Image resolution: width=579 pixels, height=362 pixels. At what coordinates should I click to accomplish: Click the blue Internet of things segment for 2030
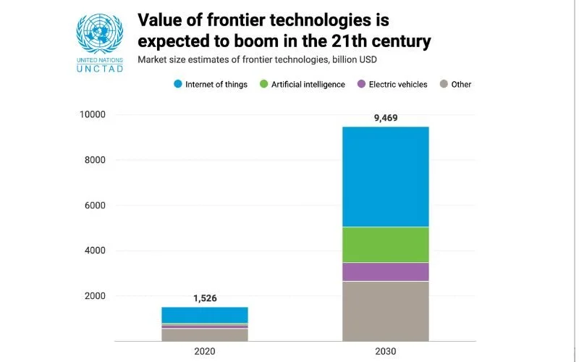tap(385, 177)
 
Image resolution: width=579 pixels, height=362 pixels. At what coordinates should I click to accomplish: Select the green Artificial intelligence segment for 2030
tap(385, 245)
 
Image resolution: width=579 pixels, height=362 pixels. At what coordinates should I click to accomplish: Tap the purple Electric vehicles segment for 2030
tap(385, 271)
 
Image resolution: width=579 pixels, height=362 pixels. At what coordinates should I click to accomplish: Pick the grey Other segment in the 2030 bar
tap(385, 311)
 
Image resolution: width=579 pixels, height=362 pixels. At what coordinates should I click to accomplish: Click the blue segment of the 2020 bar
tap(204, 315)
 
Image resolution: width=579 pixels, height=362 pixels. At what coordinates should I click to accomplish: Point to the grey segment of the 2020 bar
tap(204, 334)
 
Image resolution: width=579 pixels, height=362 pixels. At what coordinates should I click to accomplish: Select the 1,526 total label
tap(204, 298)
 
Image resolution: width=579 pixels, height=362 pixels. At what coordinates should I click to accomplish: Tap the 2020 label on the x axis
tap(204, 350)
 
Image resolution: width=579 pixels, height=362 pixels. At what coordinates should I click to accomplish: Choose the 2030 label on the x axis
tap(385, 350)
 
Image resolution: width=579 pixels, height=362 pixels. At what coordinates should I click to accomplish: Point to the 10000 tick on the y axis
tap(92, 114)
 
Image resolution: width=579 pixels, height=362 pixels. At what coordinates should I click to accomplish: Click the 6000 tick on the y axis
tap(94, 206)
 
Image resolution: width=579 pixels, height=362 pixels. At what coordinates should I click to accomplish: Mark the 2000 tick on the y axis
tap(94, 296)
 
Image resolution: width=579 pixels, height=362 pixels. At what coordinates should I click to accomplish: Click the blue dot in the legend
tap(177, 84)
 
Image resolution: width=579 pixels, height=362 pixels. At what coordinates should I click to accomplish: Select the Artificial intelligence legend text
tap(308, 85)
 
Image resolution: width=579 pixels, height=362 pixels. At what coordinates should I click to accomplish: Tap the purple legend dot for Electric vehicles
tap(360, 84)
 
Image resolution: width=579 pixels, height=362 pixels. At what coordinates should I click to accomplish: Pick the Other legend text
tap(461, 85)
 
